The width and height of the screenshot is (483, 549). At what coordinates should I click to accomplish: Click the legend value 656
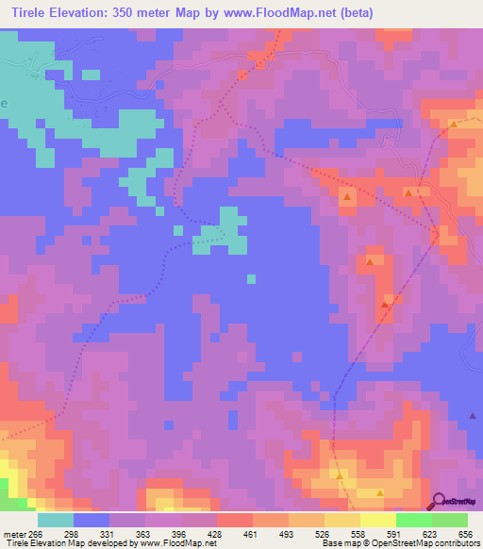(x=465, y=534)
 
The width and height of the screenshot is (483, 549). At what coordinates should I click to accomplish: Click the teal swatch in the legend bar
(x=56, y=520)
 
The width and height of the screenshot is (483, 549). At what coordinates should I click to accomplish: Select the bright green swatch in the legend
(x=414, y=520)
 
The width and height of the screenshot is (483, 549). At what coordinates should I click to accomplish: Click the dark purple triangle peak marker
(x=474, y=415)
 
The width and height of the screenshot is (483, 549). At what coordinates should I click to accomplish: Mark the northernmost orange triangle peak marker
(x=454, y=124)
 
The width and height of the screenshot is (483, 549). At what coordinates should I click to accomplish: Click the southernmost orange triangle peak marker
(x=380, y=492)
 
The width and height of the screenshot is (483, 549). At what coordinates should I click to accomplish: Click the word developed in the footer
(x=98, y=543)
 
